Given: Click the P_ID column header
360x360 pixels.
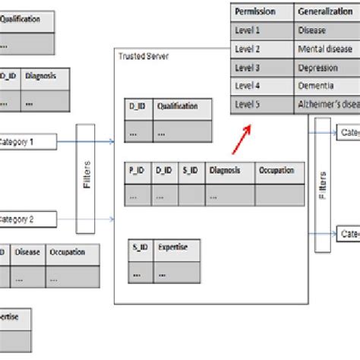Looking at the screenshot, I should pos(137,171).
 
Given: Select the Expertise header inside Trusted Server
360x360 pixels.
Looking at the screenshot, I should pos(171,248).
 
